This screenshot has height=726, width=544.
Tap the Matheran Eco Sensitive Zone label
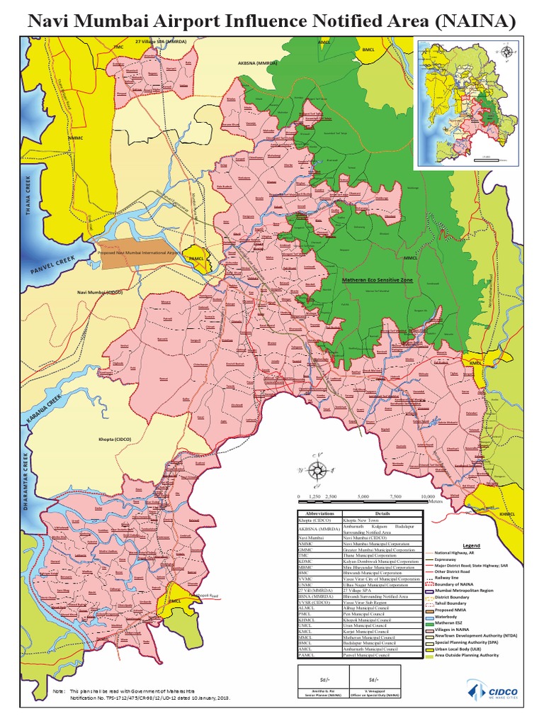tap(377, 281)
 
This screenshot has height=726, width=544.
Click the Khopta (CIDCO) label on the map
tap(115, 440)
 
